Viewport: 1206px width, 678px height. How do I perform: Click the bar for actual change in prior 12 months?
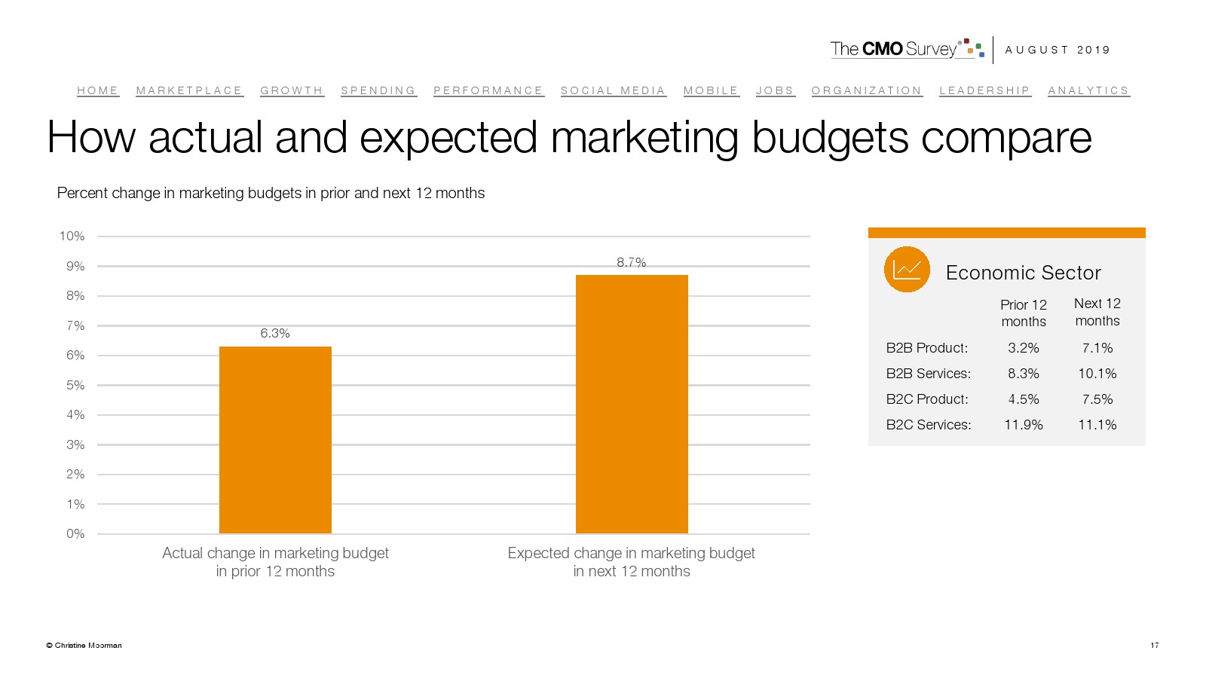pos(275,440)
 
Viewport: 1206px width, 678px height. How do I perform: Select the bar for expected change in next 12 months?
pos(632,405)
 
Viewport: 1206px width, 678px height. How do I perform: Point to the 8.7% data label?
pos(632,262)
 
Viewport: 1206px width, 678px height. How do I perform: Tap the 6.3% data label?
pos(275,333)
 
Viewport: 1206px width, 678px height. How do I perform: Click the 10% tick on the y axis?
pos(72,237)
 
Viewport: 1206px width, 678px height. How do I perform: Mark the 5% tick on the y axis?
pos(75,385)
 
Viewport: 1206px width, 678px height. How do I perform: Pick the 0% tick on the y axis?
pos(75,533)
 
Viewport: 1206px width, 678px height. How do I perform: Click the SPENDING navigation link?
pos(378,90)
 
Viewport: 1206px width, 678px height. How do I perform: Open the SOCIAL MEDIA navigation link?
pos(613,90)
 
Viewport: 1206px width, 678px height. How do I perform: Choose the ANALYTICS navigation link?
pos(1088,90)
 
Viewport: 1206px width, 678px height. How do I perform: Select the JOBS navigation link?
pos(775,90)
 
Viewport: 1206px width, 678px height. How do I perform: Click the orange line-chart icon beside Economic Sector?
pos(907,269)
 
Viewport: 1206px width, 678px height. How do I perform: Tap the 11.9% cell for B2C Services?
pos(1024,425)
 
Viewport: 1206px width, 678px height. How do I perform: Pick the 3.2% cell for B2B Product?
pos(1024,348)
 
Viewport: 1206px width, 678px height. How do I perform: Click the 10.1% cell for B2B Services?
pos(1097,374)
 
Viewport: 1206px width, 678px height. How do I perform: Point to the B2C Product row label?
pos(927,399)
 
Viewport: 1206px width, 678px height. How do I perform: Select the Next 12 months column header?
pos(1097,312)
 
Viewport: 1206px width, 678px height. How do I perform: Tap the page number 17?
pos(1154,645)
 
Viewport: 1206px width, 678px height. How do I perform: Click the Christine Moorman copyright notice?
pos(84,645)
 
